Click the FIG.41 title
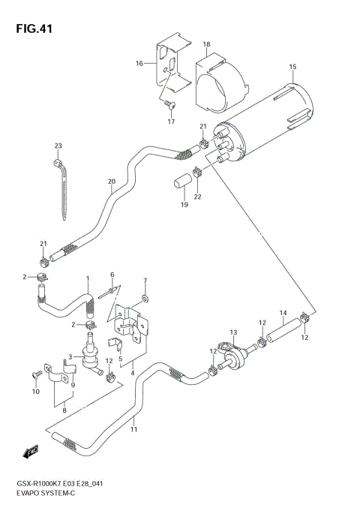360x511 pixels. tap(31, 28)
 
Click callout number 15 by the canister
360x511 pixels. tap(293, 68)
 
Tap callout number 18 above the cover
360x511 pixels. tap(206, 46)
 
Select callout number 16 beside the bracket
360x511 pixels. tap(139, 64)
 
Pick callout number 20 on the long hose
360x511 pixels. tap(111, 181)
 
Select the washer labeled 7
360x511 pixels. tap(145, 299)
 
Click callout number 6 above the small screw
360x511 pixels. tap(112, 275)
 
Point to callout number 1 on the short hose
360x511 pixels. tap(87, 279)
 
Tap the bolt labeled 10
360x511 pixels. tap(35, 373)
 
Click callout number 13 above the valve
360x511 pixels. tap(233, 332)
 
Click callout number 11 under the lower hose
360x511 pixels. tap(134, 429)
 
